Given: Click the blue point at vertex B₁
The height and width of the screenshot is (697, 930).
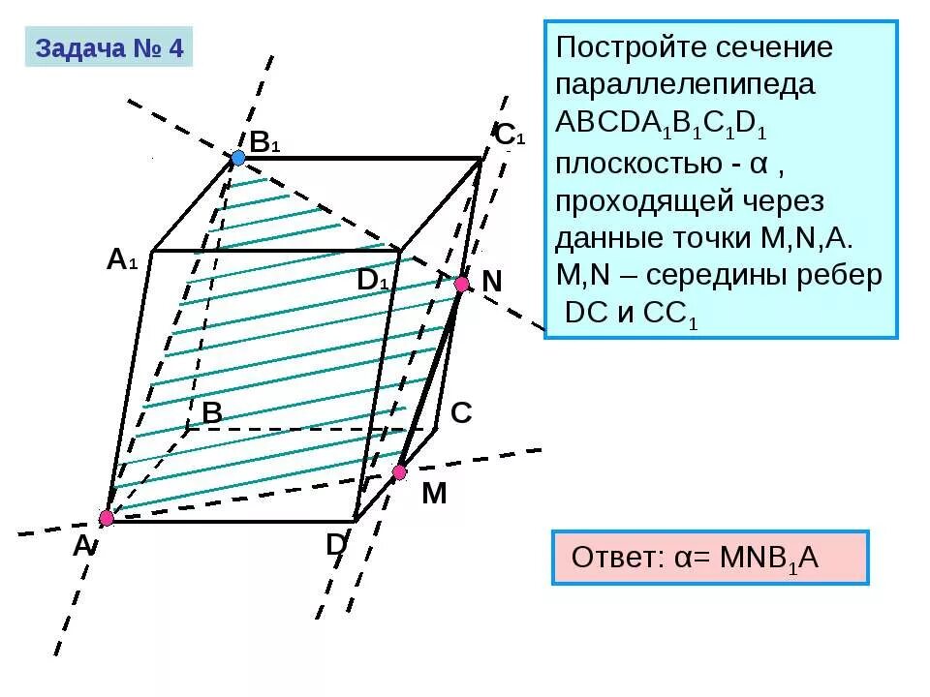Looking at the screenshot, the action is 238,158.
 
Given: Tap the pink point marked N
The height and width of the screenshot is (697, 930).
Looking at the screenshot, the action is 462,284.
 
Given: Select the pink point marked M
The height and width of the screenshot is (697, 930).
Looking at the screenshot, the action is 399,472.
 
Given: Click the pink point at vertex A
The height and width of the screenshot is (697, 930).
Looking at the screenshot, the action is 107,518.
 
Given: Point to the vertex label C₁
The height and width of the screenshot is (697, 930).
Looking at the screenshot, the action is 509,135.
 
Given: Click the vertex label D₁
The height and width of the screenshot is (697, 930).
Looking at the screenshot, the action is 373,280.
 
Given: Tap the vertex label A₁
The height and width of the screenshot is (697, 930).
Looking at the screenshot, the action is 123,259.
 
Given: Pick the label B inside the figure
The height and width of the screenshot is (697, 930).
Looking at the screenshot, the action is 212,413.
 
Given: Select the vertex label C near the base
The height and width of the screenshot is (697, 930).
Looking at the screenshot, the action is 461,413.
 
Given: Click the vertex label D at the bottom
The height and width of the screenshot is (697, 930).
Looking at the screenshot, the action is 336,545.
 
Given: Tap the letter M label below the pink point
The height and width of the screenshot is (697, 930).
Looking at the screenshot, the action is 434,494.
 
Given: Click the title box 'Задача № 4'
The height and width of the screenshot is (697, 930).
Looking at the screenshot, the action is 109,48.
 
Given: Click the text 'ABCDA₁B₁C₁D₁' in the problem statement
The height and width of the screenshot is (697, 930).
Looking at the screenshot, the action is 664,126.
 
